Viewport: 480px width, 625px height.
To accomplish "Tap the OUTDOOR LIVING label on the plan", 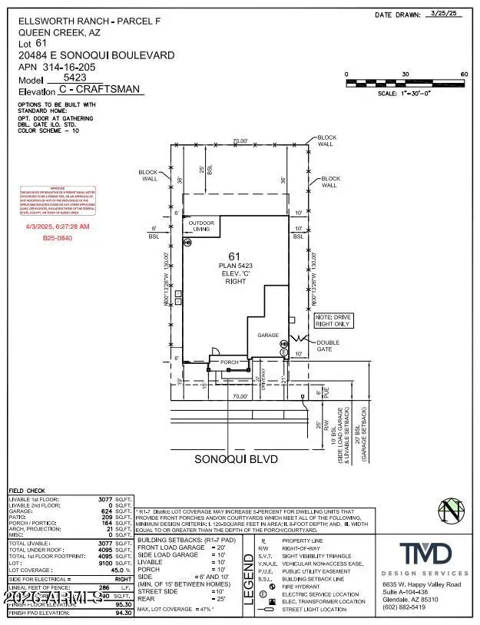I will [201, 226].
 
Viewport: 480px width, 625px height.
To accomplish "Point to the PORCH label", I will [230, 362].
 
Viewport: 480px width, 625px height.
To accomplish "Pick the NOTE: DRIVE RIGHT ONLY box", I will [333, 320].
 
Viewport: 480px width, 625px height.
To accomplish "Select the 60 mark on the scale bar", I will [463, 74].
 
